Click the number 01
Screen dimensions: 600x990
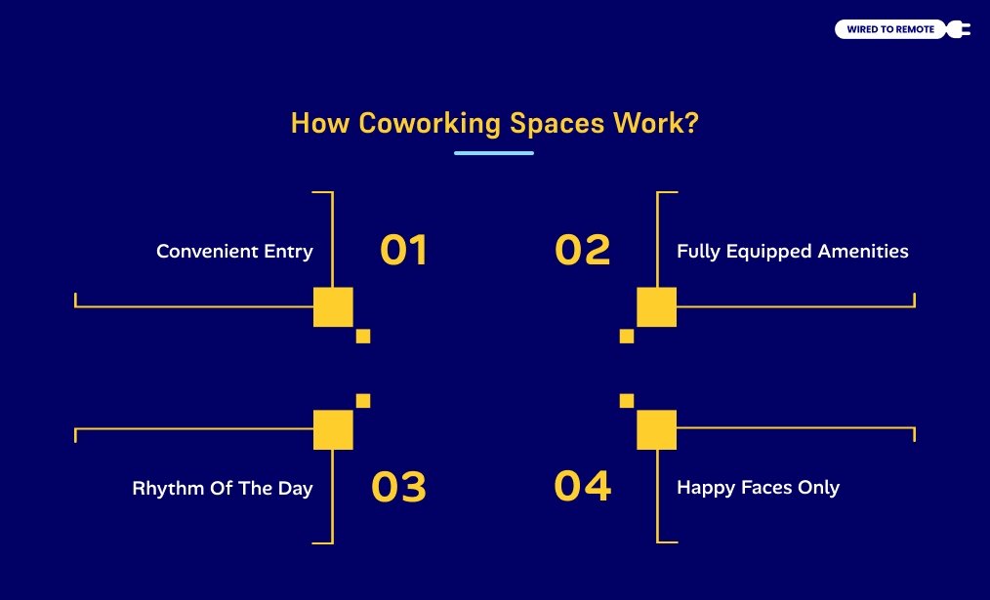click(403, 251)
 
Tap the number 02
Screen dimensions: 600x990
click(582, 251)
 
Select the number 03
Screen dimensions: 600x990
click(398, 487)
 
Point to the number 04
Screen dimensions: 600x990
click(583, 486)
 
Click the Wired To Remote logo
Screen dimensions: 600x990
click(889, 29)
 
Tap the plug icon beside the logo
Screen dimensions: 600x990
click(959, 29)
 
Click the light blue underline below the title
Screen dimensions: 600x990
click(494, 153)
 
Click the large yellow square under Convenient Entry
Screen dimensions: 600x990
click(333, 307)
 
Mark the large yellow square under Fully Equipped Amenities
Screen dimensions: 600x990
click(656, 307)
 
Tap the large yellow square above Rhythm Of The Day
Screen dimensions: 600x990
click(333, 429)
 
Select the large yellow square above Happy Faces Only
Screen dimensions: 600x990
click(656, 429)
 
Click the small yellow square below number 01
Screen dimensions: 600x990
click(363, 337)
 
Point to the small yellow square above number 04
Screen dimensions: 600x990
click(627, 400)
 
